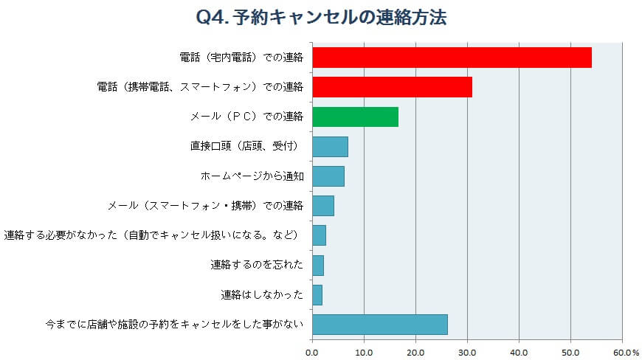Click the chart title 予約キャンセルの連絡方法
tap(339, 17)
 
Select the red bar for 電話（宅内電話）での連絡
tap(452, 58)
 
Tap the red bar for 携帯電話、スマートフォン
tap(392, 87)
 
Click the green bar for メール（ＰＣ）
tap(355, 117)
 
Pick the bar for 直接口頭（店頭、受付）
tap(330, 147)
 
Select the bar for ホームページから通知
tap(328, 176)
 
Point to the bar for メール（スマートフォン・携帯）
tap(323, 206)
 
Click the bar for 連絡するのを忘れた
tap(318, 265)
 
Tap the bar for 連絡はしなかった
tap(317, 295)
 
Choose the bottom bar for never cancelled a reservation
tap(379, 325)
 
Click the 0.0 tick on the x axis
tap(313, 352)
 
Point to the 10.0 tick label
tap(364, 352)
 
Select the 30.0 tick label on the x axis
tap(467, 352)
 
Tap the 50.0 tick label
tap(570, 352)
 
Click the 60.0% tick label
tap(624, 352)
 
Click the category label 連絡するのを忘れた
tap(257, 265)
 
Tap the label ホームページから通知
tap(252, 176)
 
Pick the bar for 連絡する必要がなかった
tap(319, 235)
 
